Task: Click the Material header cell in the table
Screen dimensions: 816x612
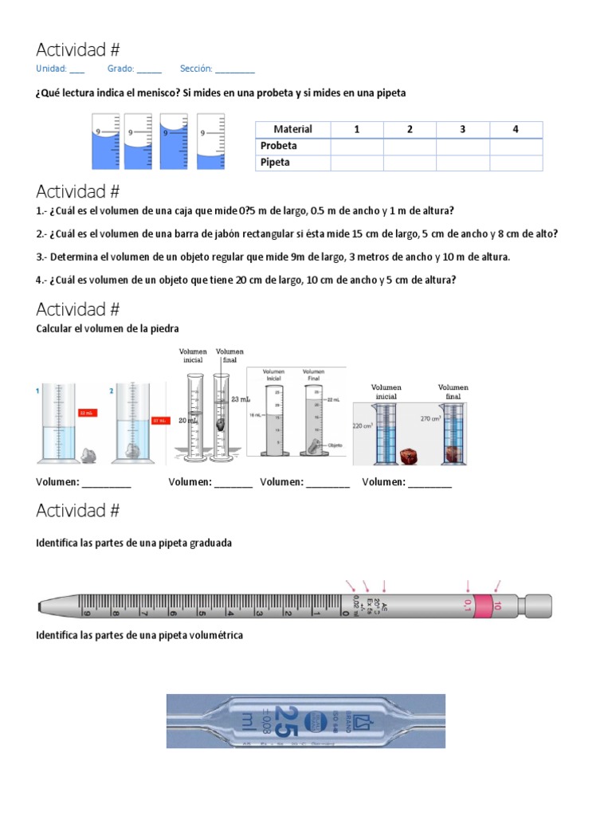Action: click(x=292, y=129)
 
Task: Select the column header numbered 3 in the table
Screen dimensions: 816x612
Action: click(x=462, y=129)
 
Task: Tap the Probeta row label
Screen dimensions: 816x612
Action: click(x=279, y=146)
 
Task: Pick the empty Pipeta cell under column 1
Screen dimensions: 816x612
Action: click(x=356, y=163)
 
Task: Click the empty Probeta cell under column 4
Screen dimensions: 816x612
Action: click(x=516, y=146)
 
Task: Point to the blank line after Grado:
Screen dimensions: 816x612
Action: click(x=149, y=69)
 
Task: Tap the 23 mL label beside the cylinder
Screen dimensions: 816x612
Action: click(x=241, y=399)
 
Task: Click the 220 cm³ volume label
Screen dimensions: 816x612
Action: click(x=363, y=426)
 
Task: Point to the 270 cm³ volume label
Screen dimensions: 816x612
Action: click(x=431, y=417)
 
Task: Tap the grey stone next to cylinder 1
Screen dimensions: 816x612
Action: click(x=88, y=455)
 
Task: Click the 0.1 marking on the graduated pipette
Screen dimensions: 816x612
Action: click(x=468, y=606)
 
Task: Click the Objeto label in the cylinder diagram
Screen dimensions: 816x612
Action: click(x=334, y=445)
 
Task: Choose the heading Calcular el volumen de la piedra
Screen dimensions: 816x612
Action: click(x=108, y=328)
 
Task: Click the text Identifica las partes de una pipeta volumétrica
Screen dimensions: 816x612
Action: click(x=139, y=635)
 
